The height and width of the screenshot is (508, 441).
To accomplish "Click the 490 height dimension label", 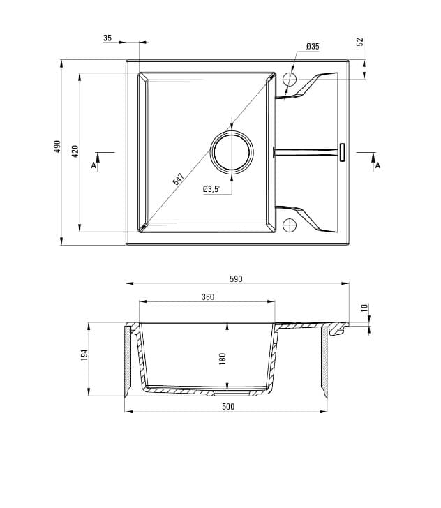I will (x=57, y=147).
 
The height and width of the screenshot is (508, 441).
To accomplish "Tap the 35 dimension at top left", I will (x=107, y=38).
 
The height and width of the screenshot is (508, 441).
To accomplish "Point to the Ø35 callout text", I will (x=312, y=47).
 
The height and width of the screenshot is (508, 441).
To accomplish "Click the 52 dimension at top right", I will (x=360, y=42).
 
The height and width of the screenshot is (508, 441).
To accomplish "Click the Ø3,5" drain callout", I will (x=211, y=189).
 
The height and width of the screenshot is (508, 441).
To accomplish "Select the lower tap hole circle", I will (x=290, y=225).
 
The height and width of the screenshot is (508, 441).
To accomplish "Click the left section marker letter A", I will (x=94, y=166).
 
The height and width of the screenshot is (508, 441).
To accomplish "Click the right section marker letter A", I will (x=377, y=166).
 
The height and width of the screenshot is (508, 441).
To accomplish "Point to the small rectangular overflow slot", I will (x=342, y=152).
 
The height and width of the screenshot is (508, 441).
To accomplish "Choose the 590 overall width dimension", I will (x=236, y=278).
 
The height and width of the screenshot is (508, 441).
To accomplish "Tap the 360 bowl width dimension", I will (x=207, y=297).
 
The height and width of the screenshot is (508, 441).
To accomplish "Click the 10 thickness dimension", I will (x=364, y=308).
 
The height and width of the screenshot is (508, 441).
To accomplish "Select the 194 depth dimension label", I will (x=84, y=354).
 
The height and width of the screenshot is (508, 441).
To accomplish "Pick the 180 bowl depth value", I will (x=223, y=359).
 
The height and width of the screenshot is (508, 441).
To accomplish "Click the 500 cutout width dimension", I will (x=228, y=406).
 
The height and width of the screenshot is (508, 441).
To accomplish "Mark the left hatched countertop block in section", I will (x=128, y=361).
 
